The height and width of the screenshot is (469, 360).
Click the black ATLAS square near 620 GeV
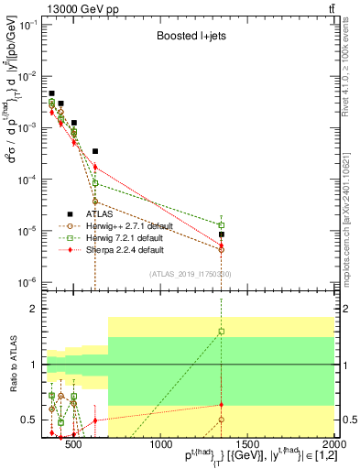pos(95,151)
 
